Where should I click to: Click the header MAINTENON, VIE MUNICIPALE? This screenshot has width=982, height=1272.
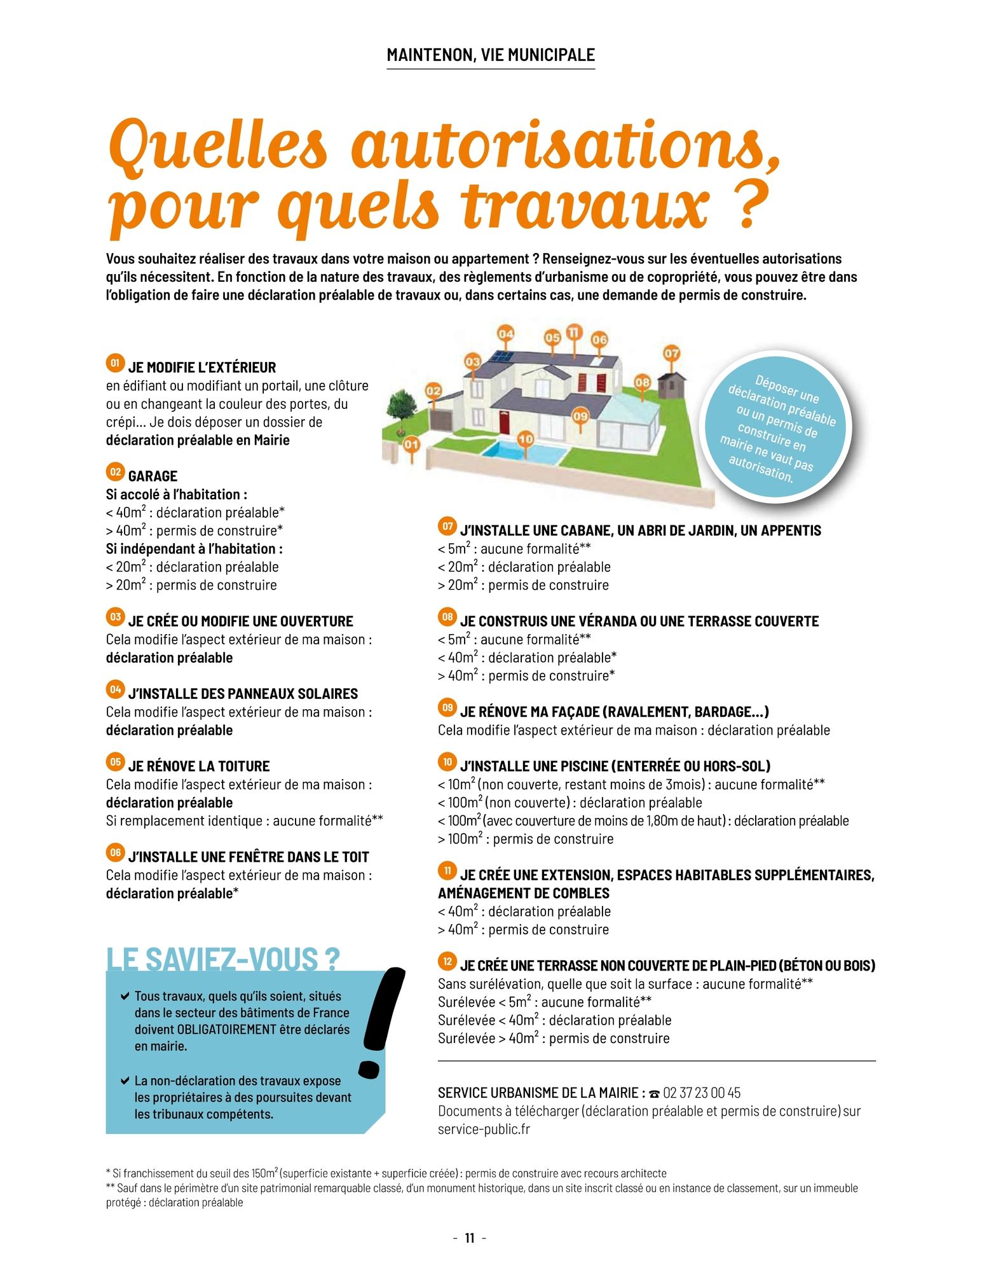tap(491, 55)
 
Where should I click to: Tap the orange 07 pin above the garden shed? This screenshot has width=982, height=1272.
tap(671, 354)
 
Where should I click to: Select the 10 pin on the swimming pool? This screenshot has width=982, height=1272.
tap(526, 439)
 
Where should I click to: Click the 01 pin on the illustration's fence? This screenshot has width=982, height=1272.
tap(411, 444)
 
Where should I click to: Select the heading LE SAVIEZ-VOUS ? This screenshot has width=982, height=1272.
tap(222, 959)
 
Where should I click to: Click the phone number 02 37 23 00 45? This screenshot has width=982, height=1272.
tap(702, 1093)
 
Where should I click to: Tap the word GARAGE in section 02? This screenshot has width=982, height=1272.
tap(153, 476)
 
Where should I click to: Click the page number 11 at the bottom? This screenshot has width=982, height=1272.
tap(470, 1238)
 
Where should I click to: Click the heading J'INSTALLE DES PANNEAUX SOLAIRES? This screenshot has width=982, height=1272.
tap(243, 693)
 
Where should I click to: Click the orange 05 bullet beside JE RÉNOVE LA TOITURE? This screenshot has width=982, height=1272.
tap(115, 762)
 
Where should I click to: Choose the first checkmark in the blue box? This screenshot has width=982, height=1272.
tap(125, 996)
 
